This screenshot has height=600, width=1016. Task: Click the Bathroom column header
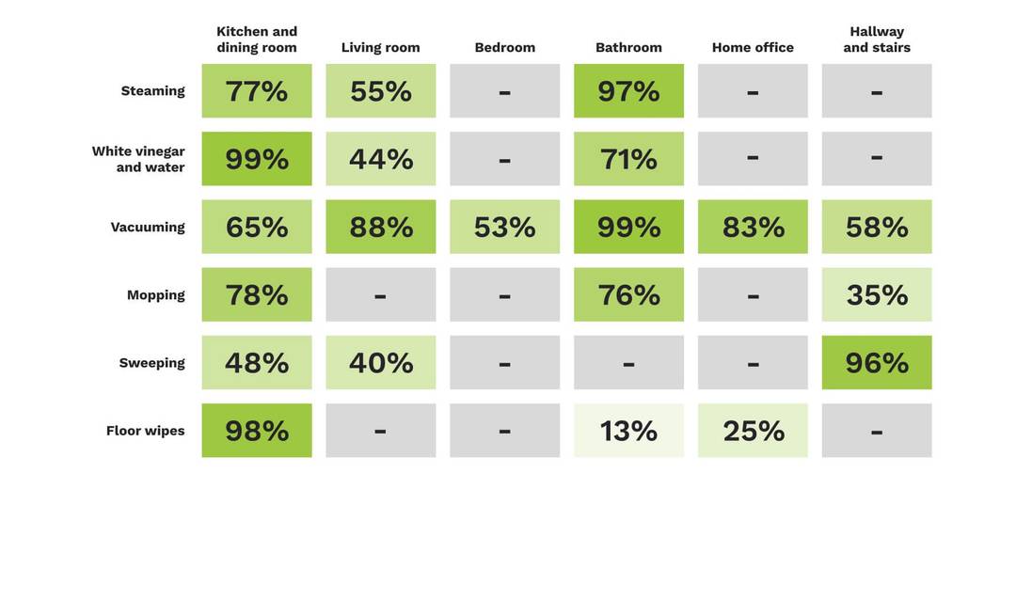(628, 47)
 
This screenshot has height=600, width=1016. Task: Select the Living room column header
(380, 47)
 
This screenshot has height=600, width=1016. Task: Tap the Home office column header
(753, 47)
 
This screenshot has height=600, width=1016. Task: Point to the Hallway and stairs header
(877, 39)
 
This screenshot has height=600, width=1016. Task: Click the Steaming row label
(153, 90)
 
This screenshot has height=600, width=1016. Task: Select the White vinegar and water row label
(138, 159)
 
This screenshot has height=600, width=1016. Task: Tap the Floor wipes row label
(145, 431)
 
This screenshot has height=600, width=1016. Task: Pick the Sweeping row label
(151, 363)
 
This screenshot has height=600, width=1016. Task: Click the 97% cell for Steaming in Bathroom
(628, 90)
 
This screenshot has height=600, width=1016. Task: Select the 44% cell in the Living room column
(380, 159)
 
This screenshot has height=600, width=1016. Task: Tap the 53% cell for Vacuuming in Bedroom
(505, 227)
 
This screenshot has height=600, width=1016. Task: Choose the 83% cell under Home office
(753, 227)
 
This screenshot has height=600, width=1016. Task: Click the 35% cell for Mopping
(877, 294)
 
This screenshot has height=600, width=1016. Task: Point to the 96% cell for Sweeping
(877, 363)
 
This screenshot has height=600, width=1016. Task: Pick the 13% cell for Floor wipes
(628, 431)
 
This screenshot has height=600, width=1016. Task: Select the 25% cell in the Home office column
(753, 431)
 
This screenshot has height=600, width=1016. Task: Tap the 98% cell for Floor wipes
(257, 431)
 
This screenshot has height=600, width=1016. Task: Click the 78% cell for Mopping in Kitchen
(257, 294)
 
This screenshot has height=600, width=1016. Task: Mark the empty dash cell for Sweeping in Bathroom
(628, 363)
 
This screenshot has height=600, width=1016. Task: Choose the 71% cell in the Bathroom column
(628, 159)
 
